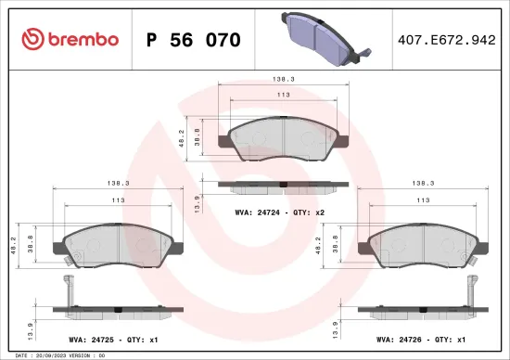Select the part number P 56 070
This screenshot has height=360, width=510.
[x=194, y=40]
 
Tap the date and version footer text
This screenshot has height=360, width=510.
[x=57, y=355]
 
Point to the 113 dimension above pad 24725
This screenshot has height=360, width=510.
[x=117, y=200]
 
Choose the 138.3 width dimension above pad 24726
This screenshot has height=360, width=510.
[x=423, y=184]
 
